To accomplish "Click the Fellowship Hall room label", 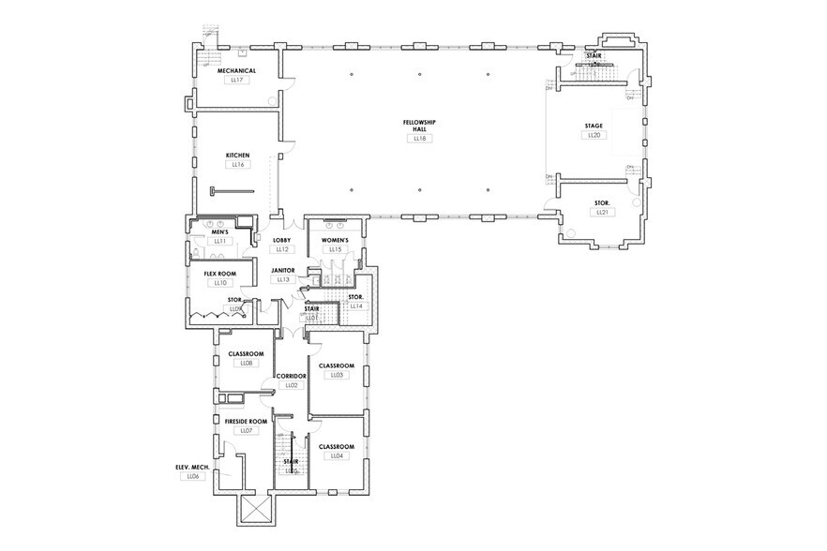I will tap(419, 126).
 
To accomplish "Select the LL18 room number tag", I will tap(419, 139).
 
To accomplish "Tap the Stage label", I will tap(594, 126).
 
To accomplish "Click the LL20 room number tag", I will tap(594, 136).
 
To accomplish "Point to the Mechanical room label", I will tap(236, 71).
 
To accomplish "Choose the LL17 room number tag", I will tap(236, 81).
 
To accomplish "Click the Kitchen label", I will tap(236, 155).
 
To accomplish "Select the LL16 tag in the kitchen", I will tap(236, 165).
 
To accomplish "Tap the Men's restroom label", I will tap(220, 231).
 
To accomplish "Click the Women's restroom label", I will tap(336, 240).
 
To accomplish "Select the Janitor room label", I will tap(283, 270).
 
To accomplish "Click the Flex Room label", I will tap(220, 273).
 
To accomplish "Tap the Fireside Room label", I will tap(246, 422).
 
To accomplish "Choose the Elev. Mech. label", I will tap(192, 467).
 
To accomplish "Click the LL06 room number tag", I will tap(192, 476).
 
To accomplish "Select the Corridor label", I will tap(291, 376).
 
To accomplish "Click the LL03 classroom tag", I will tap(336, 375).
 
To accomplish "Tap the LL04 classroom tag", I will tap(336, 456).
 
